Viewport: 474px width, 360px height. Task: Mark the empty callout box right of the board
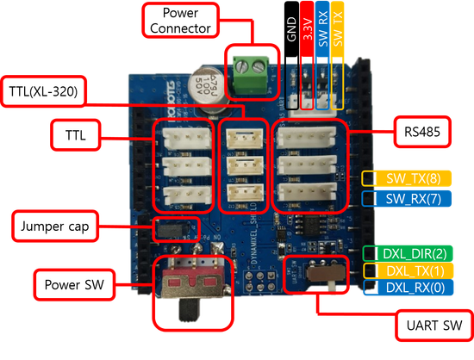(421, 131)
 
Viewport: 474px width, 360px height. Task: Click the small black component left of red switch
(165, 230)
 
